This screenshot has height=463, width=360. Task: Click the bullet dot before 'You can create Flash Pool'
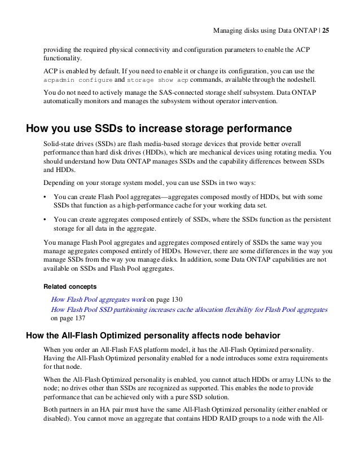point(45,197)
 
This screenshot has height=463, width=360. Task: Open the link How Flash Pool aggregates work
point(99,298)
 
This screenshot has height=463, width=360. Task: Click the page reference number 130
point(179,298)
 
